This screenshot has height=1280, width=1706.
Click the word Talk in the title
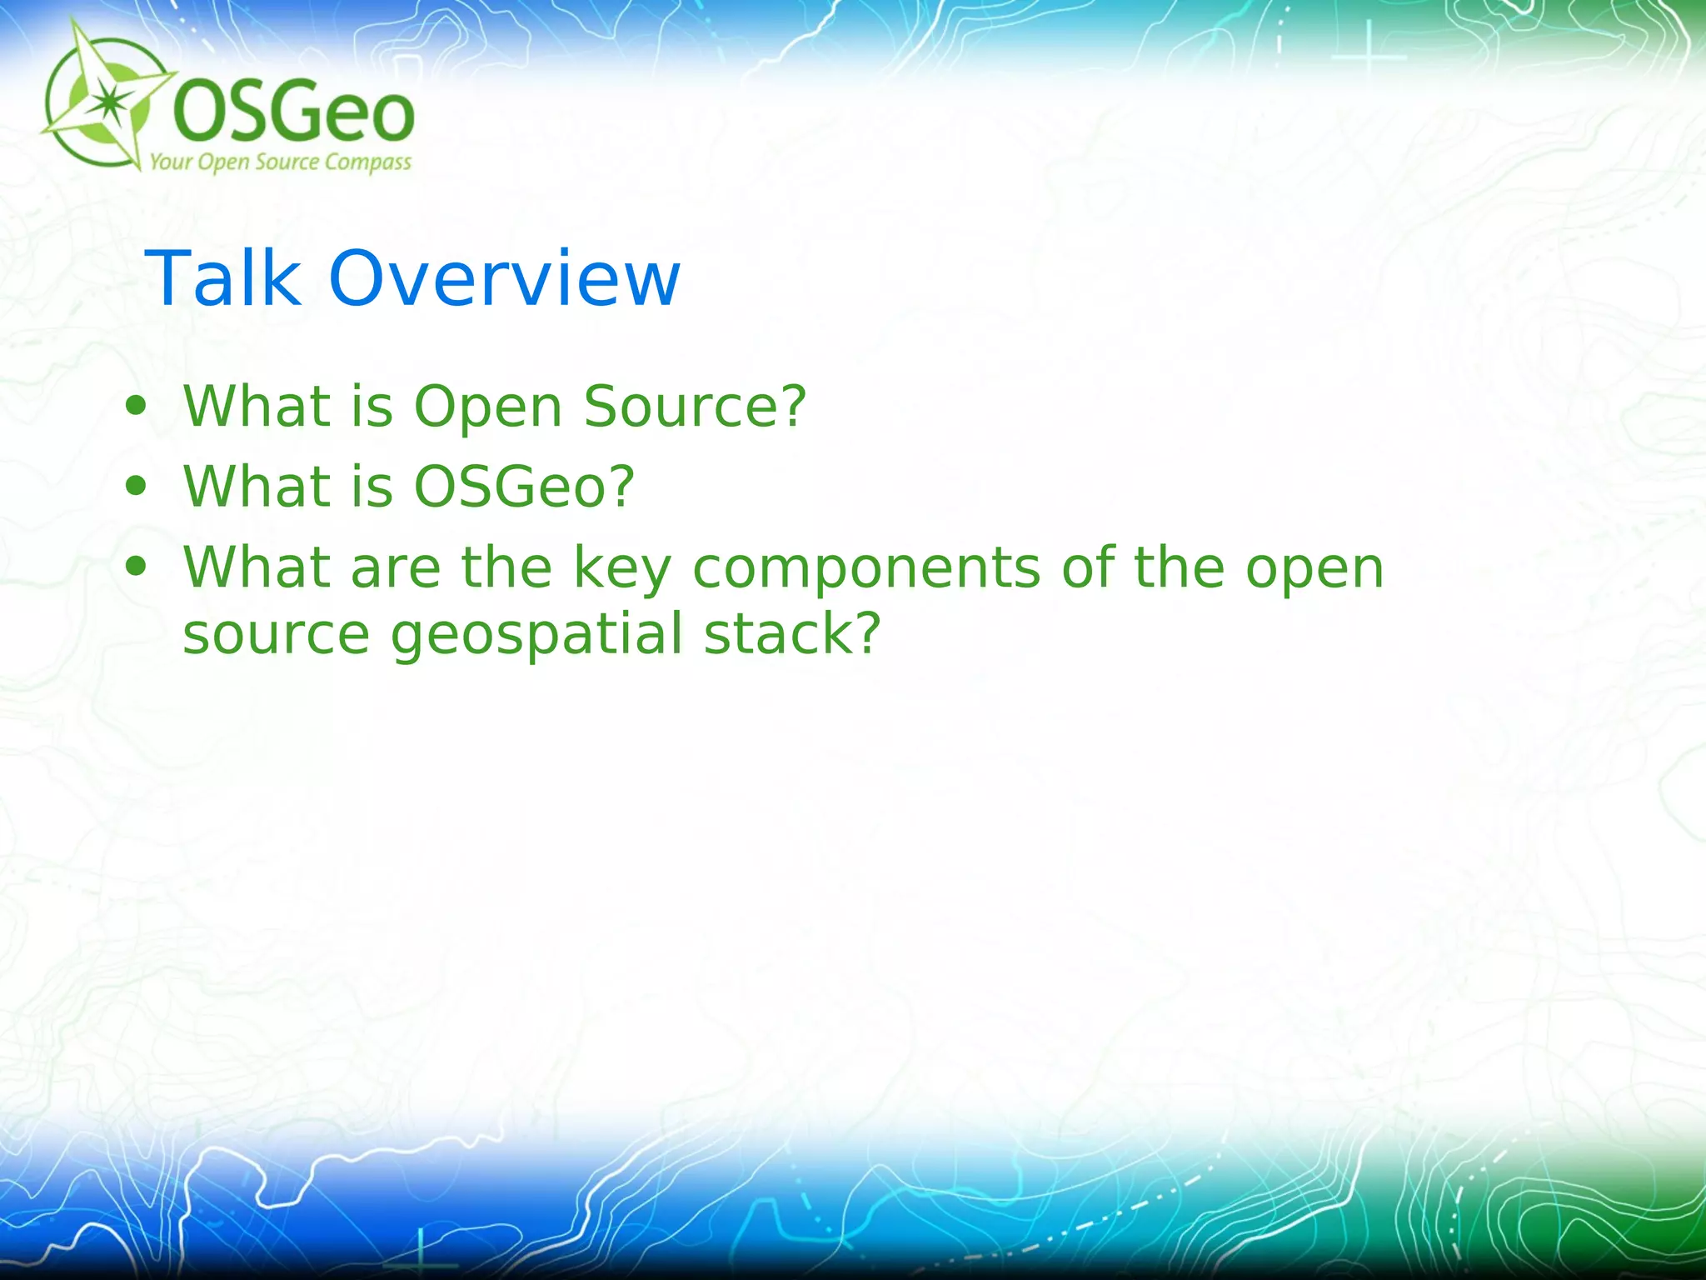[222, 278]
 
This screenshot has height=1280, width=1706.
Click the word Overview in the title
[504, 278]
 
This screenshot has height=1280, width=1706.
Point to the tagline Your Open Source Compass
[280, 162]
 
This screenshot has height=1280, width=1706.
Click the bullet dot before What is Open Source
[135, 407]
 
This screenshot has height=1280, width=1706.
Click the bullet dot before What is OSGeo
[135, 487]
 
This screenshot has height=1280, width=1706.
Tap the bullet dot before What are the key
[135, 567]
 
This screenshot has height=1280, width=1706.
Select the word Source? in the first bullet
[695, 407]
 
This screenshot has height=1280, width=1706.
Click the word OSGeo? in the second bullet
[524, 487]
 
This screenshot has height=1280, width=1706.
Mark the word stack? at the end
[792, 635]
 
